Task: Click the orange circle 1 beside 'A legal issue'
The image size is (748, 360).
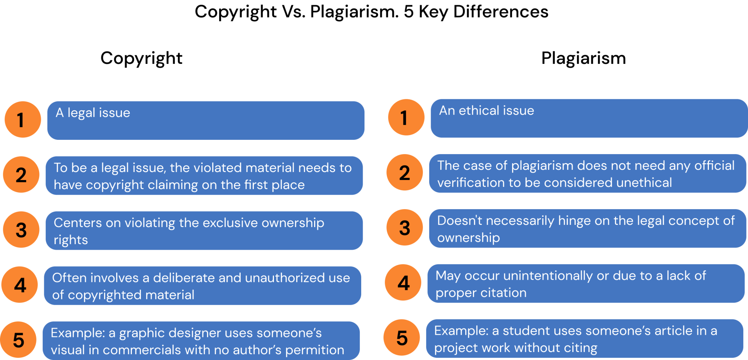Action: [23, 119]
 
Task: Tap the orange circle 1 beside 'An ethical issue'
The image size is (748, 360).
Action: [406, 117]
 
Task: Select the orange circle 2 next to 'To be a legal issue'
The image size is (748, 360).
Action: [21, 175]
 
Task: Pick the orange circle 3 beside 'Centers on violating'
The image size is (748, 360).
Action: [21, 230]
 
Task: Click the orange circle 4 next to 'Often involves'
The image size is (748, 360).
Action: [20, 285]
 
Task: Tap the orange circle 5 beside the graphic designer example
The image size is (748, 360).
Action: [18, 340]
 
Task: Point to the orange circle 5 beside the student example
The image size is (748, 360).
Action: [402, 338]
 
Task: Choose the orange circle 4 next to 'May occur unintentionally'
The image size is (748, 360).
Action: [403, 283]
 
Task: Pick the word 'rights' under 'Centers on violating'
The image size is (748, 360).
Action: [71, 240]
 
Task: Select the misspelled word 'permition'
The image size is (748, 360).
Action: [314, 350]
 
